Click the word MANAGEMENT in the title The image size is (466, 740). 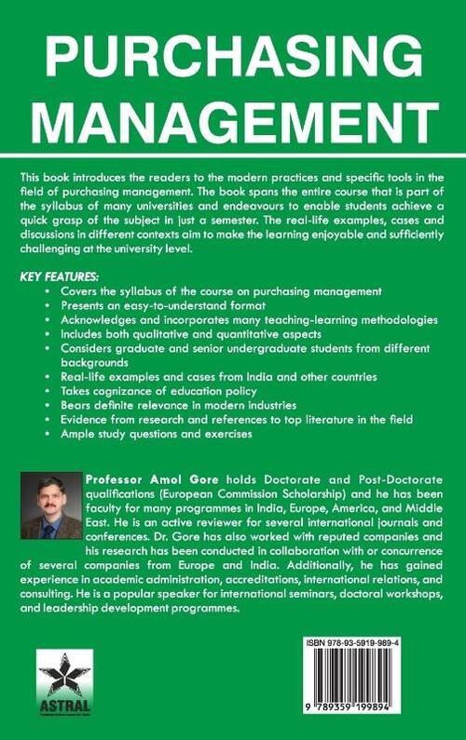[x=233, y=124]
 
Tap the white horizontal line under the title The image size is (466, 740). [x=233, y=153]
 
